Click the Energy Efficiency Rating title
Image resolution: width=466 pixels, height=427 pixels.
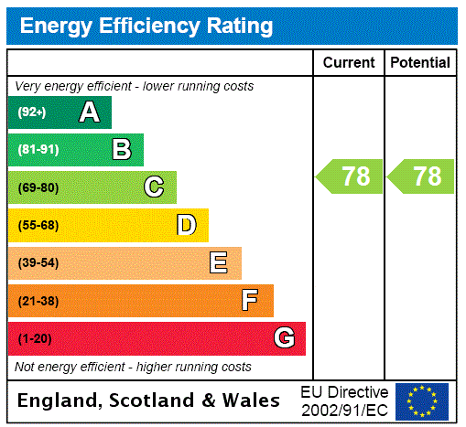(x=146, y=27)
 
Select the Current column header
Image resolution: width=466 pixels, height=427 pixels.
(x=349, y=63)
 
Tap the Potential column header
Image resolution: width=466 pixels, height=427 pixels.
(x=420, y=63)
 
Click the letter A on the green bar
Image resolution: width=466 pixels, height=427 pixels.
(x=89, y=112)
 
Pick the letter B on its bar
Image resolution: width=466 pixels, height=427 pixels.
(x=121, y=150)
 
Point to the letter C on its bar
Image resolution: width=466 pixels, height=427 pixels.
(x=154, y=187)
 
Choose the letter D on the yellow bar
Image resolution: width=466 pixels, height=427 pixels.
(x=186, y=225)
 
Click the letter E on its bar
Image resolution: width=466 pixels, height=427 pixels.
(x=219, y=263)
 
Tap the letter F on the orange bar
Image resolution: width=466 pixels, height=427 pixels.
(x=250, y=301)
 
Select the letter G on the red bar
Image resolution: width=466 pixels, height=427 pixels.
(x=284, y=338)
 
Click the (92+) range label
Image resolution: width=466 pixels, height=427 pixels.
(x=32, y=112)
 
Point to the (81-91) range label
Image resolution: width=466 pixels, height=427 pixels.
(x=38, y=150)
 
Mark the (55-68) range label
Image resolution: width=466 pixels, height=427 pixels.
(x=38, y=225)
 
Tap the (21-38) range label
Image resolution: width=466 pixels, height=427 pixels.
(x=38, y=301)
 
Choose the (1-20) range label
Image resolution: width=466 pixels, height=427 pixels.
(x=35, y=338)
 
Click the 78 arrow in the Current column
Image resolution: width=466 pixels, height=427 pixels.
(x=351, y=176)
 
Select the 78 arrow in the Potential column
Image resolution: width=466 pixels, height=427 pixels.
(x=422, y=176)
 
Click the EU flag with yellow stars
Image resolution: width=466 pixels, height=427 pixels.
(x=422, y=401)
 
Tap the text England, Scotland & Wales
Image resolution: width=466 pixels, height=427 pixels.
(x=149, y=400)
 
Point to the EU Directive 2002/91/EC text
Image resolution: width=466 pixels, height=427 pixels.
(x=344, y=400)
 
